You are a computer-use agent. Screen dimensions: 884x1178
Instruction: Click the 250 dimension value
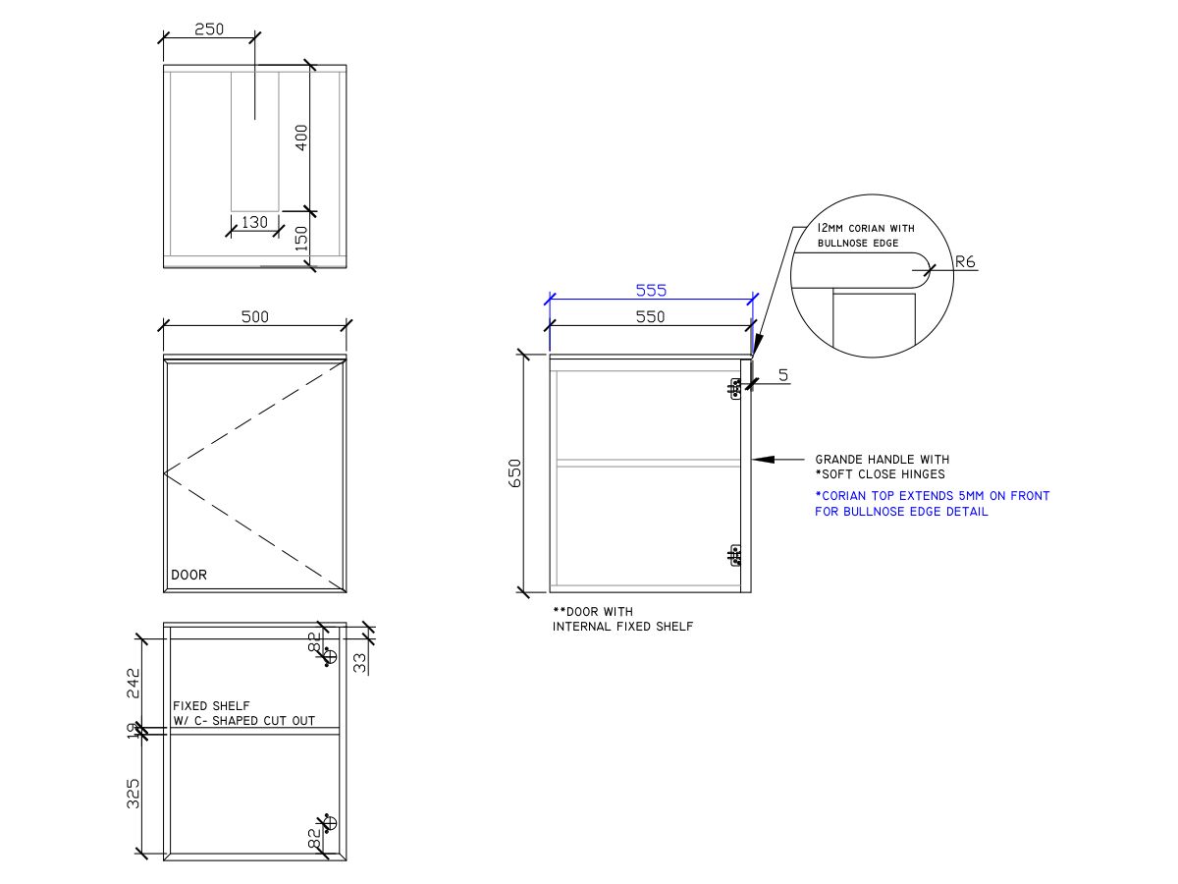[x=208, y=29]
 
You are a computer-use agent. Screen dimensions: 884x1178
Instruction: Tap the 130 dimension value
[x=254, y=222]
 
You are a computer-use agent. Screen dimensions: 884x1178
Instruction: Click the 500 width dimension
[x=254, y=316]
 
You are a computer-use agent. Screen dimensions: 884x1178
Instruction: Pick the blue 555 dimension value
[x=651, y=290]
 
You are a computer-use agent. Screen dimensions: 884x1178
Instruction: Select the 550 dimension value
[x=650, y=316]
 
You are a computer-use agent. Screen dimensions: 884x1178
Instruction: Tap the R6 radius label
[x=964, y=262]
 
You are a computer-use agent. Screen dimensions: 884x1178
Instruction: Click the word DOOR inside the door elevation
[x=189, y=575]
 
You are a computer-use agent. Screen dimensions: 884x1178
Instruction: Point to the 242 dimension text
[x=134, y=683]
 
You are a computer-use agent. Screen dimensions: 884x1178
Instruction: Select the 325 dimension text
[x=134, y=793]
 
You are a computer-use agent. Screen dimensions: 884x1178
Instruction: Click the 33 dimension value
[x=359, y=663]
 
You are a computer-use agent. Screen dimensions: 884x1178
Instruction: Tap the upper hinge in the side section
[x=734, y=389]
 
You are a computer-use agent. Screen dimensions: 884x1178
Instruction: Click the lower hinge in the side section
[x=734, y=556]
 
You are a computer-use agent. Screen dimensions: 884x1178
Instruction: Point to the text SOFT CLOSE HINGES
[x=883, y=473]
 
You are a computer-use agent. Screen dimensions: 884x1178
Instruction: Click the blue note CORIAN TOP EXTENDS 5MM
[x=932, y=496]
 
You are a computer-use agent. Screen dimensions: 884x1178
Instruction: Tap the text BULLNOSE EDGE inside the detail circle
[x=857, y=243]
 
